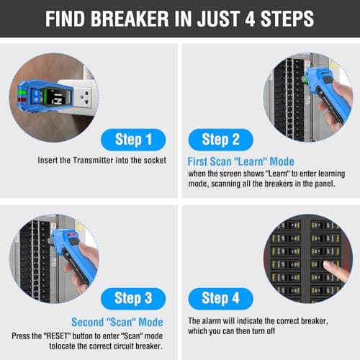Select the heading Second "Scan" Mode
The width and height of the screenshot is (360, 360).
pyautogui.click(x=117, y=322)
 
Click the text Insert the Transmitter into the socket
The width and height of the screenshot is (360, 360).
pyautogui.click(x=102, y=160)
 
